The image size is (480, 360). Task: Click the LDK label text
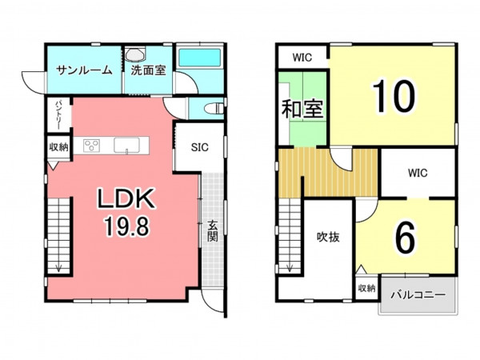click(x=126, y=198)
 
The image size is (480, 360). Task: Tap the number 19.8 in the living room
click(x=126, y=226)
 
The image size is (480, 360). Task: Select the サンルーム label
click(x=85, y=70)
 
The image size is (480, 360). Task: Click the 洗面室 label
click(x=149, y=70)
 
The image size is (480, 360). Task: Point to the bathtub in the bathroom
click(x=199, y=58)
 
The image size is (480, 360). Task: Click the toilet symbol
click(x=214, y=109)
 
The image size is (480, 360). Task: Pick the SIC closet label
click(x=199, y=147)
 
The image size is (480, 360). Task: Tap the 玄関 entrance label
click(x=213, y=231)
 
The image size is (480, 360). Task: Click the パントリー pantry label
click(x=58, y=114)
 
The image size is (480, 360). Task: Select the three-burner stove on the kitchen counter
click(x=92, y=146)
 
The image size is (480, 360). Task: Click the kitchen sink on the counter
click(x=126, y=145)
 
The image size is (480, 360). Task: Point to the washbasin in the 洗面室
click(x=135, y=55)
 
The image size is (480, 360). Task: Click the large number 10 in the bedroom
click(x=394, y=95)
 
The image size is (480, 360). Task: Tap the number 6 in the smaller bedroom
click(x=406, y=238)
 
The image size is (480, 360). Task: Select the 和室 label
click(x=302, y=109)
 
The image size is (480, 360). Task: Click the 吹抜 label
click(x=328, y=237)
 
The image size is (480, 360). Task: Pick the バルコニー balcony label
click(x=418, y=295)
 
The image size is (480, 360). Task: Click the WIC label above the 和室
click(x=302, y=58)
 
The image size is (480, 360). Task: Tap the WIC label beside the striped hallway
click(x=418, y=173)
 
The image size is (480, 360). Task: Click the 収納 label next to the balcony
click(x=366, y=288)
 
